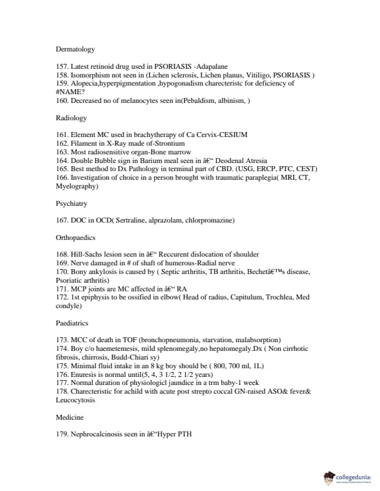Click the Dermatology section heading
[75, 49]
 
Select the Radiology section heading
[71, 118]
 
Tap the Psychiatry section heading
[71, 203]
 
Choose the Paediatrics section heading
[73, 323]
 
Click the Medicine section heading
[70, 417]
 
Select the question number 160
[61, 100]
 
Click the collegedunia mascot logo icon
[329, 477]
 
